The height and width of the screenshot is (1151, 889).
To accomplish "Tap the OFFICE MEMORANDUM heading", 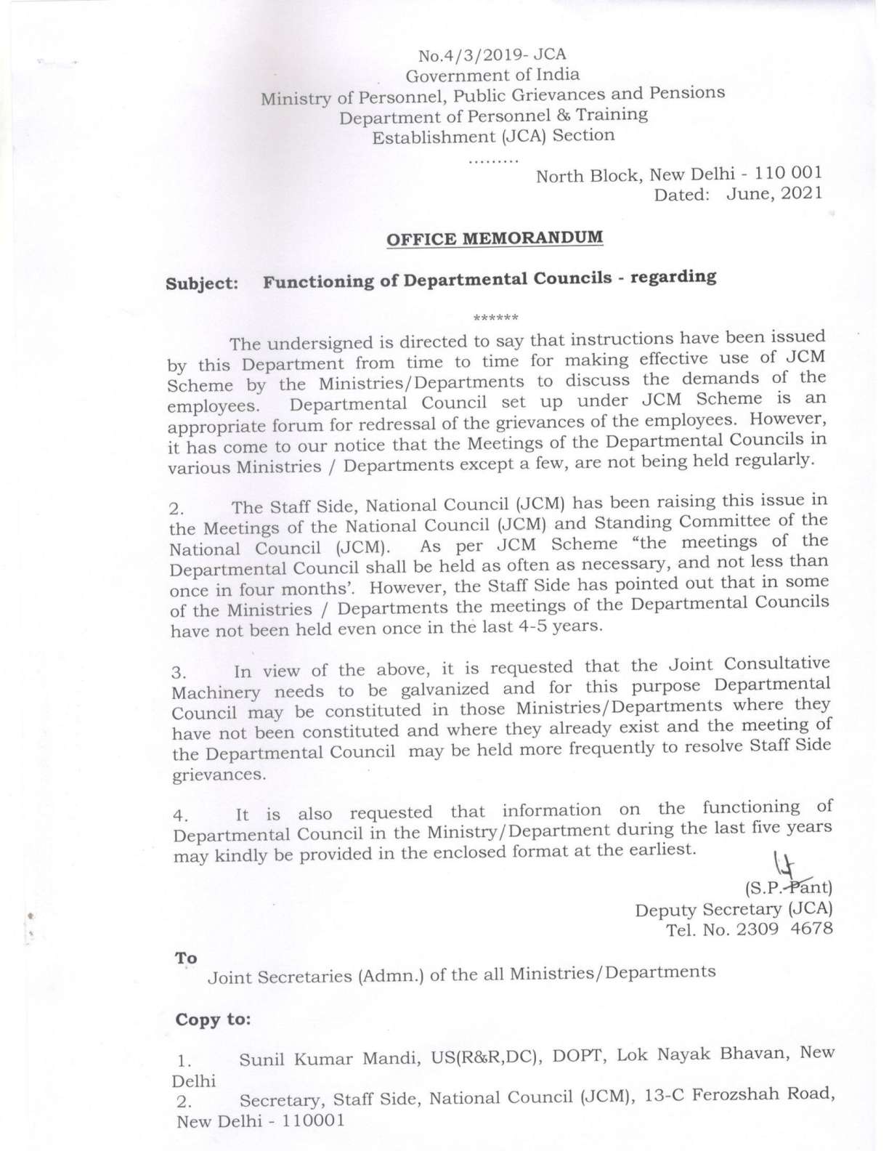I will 495,238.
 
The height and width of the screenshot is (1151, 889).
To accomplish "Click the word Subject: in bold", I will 203,284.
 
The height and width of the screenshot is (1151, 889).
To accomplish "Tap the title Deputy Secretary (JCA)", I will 734,909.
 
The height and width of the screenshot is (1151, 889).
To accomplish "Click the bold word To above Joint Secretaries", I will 186,958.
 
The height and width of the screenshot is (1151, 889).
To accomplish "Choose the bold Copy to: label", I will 213,1019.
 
